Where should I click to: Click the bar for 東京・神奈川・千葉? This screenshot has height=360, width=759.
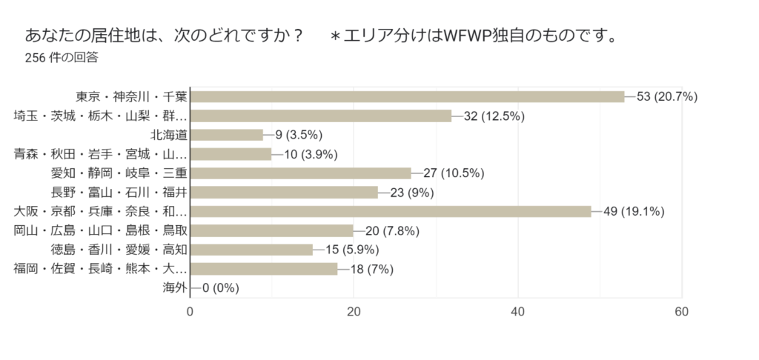click(x=408, y=96)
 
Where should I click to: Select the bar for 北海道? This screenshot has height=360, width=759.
click(x=227, y=135)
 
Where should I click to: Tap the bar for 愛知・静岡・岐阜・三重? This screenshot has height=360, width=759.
click(x=300, y=173)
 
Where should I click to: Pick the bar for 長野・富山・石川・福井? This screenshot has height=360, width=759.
click(x=284, y=193)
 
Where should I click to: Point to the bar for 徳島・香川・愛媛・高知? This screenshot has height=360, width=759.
click(x=251, y=250)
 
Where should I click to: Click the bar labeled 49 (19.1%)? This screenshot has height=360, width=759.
click(x=391, y=212)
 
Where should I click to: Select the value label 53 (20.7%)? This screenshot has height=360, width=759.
click(x=667, y=96)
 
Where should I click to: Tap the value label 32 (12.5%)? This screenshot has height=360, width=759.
click(x=494, y=116)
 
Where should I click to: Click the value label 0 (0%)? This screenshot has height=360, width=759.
click(x=220, y=288)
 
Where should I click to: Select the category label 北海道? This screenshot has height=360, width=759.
click(x=168, y=135)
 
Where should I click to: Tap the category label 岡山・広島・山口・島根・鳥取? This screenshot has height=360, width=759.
click(x=101, y=230)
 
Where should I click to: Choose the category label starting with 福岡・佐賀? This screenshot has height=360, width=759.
click(x=101, y=269)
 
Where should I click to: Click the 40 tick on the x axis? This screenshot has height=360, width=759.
click(x=517, y=312)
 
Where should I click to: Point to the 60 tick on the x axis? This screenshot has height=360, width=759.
click(x=681, y=312)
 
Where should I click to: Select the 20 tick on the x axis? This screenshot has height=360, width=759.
click(x=354, y=312)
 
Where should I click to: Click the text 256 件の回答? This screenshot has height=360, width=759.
click(x=62, y=57)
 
